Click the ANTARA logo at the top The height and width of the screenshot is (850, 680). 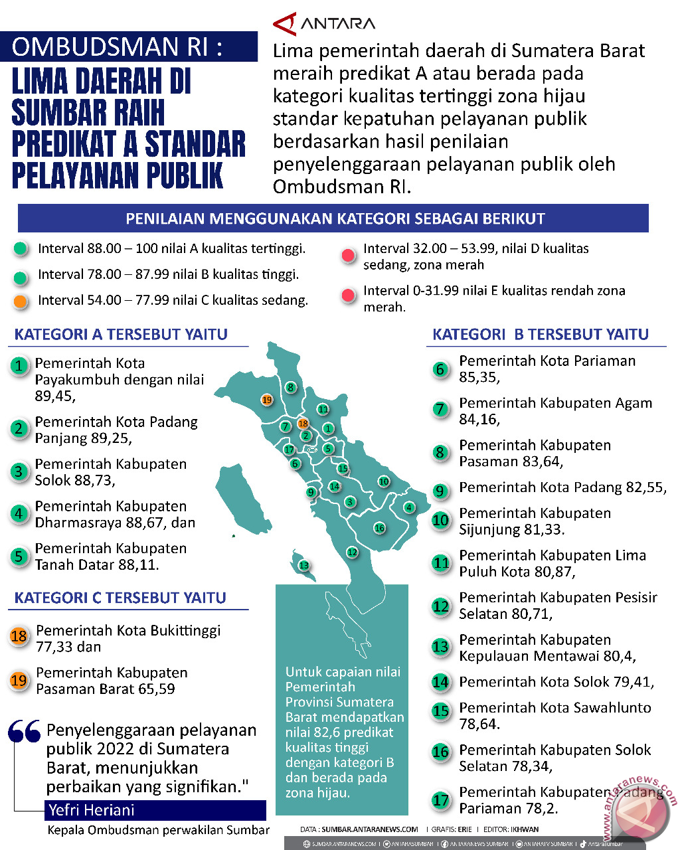tap(324, 24)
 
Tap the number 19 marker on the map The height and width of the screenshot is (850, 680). tap(267, 400)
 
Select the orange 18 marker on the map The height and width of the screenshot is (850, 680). tap(303, 423)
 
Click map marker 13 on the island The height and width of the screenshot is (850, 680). tap(303, 566)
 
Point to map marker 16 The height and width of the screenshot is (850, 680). tap(379, 528)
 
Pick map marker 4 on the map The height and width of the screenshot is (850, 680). tap(409, 507)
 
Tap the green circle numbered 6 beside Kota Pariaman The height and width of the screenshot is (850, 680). tap(440, 369)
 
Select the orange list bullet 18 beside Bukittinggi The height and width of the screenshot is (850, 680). tap(19, 636)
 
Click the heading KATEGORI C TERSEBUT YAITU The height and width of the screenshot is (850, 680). tap(120, 598)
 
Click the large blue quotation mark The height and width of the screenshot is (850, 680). tap(25, 731)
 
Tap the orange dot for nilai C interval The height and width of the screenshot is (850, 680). tap(21, 301)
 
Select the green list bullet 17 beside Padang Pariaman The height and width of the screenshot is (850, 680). tap(440, 800)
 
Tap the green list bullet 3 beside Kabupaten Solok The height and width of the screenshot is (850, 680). tap(19, 471)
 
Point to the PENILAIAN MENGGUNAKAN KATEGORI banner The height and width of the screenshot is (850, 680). tap(334, 218)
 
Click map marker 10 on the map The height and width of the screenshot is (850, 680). tap(383, 481)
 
